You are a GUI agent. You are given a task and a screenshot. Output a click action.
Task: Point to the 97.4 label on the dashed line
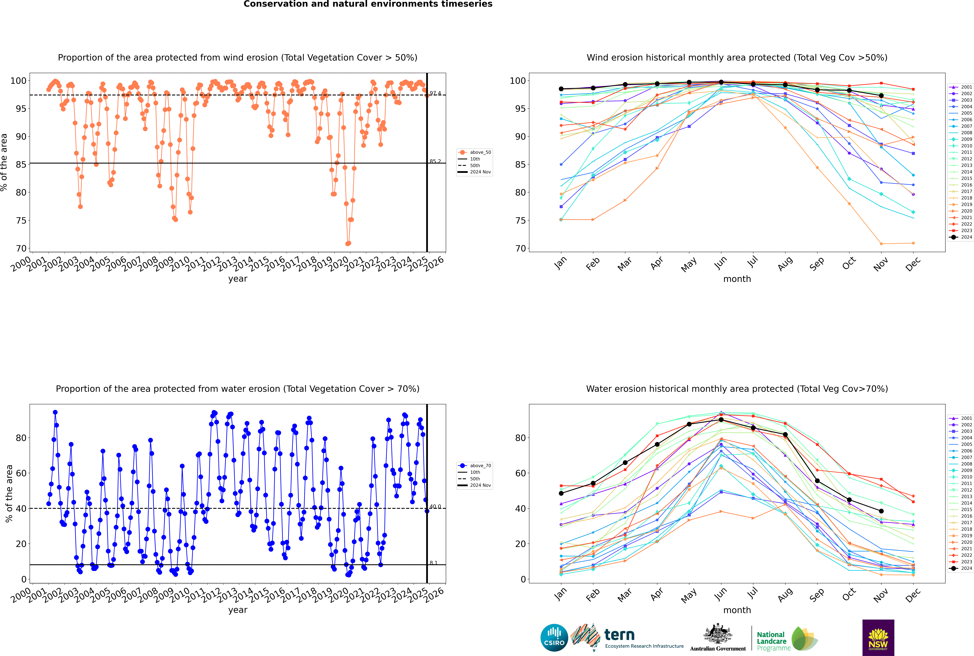pos(435,93)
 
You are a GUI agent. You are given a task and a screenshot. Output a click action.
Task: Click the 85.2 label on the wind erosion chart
pos(435,161)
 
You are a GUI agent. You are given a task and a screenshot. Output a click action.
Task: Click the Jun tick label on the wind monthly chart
pos(721,262)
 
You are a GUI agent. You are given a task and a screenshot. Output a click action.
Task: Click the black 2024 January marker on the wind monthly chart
pos(561,89)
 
